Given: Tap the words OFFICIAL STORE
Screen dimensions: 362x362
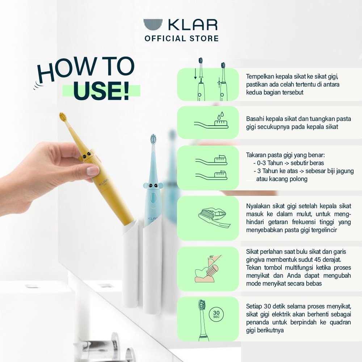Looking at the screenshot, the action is click(182, 39).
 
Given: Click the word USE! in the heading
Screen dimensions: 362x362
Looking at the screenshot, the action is click(101, 91).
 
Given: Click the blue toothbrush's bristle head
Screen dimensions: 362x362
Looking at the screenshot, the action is click(153, 139).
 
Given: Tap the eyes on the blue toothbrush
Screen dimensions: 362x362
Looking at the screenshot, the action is click(153, 185).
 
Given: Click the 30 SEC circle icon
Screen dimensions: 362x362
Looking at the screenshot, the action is click(216, 314).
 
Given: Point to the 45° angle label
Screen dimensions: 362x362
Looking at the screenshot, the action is click(211, 257).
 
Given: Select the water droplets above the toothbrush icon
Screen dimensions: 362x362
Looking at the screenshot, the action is click(220, 115).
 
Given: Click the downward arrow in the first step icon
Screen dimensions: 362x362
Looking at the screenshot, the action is click(195, 73).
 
